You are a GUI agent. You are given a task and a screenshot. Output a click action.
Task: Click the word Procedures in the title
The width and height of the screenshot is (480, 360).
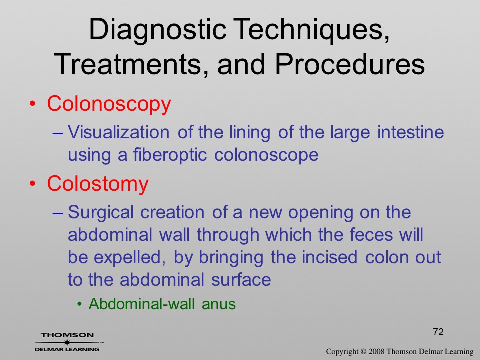pos(350,64)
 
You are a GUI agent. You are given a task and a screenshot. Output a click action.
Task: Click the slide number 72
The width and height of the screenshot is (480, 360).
pos(438,332)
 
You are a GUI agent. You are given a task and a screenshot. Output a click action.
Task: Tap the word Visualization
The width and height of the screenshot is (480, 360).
pos(119,132)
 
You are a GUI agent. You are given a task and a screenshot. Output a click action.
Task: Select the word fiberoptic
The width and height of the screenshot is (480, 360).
pos(170,155)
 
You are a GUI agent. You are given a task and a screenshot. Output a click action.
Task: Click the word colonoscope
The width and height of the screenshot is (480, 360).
pos(266,155)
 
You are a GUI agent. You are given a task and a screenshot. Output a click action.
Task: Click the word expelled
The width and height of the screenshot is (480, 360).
pos(130,258)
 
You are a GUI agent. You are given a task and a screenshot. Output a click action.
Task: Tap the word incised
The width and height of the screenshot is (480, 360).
pos(329,257)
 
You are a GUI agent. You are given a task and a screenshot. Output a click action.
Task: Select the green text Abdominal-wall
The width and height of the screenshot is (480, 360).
pos(141,304)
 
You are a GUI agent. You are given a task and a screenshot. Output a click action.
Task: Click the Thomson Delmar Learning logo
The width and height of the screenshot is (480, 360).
pos(68,342)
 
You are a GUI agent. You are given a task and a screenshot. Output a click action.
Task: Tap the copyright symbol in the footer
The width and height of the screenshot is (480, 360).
pos(363,352)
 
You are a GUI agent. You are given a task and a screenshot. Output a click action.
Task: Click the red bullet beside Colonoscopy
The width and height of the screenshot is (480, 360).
pos(33,104)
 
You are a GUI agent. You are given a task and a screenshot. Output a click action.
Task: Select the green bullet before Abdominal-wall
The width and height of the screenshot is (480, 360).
pos(80,304)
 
